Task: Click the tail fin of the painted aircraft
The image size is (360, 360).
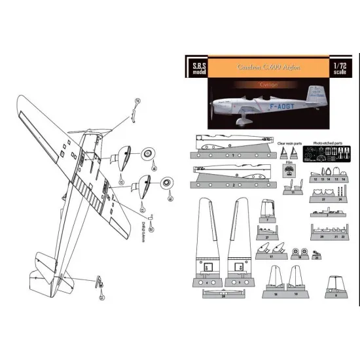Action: tap(320, 99)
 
